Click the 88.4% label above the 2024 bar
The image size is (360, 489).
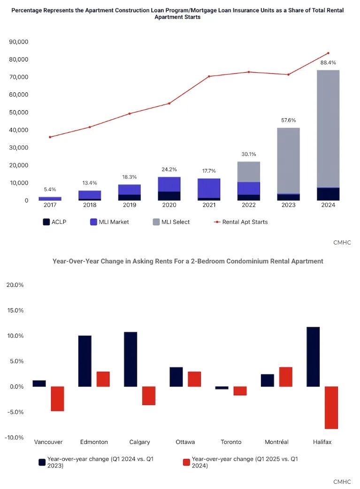(x=328, y=62)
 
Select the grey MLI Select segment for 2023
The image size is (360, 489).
(x=288, y=160)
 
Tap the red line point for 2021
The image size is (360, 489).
(x=209, y=76)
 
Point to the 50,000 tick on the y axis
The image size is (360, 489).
(x=19, y=112)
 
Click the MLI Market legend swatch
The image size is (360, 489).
(x=93, y=222)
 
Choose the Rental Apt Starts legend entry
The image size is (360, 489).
(x=240, y=222)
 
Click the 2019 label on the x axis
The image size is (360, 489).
(x=130, y=205)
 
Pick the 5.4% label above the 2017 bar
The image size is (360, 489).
(x=50, y=189)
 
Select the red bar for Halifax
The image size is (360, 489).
(x=331, y=408)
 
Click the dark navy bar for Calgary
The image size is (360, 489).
(x=130, y=359)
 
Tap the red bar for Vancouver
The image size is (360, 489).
(x=57, y=399)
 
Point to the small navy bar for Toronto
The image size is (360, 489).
(x=222, y=388)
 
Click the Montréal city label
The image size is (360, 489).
(x=276, y=442)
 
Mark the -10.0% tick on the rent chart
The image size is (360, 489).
(x=14, y=437)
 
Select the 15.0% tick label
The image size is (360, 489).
(x=15, y=310)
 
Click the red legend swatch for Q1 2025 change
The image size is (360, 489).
(x=186, y=462)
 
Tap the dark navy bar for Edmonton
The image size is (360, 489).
(x=85, y=361)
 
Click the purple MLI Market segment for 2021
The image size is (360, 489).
(x=209, y=188)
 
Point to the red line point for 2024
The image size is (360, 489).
(x=328, y=53)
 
